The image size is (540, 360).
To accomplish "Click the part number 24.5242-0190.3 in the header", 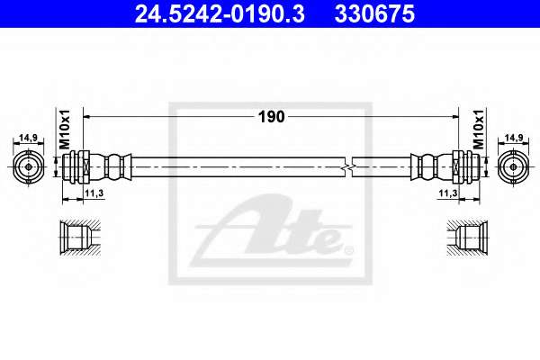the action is pyautogui.click(x=220, y=13).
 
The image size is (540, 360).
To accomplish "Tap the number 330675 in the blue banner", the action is pyautogui.click(x=374, y=13).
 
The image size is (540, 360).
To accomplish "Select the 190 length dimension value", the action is pyautogui.click(x=272, y=117).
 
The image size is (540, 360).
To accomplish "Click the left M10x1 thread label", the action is pyautogui.click(x=65, y=130).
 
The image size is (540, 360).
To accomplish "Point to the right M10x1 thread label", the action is pyautogui.click(x=478, y=129).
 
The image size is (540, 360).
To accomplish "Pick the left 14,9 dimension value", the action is pyautogui.click(x=28, y=138).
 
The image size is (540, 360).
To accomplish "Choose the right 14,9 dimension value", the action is pyautogui.click(x=514, y=138).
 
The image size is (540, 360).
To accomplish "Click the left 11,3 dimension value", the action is pyautogui.click(x=94, y=193).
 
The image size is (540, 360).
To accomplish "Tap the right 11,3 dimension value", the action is pyautogui.click(x=448, y=193).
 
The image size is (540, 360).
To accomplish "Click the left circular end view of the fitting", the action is pyautogui.click(x=28, y=167).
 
